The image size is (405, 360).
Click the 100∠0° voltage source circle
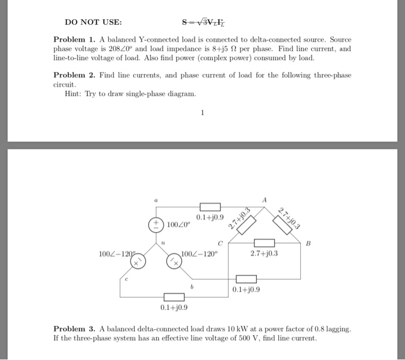click(x=155, y=225)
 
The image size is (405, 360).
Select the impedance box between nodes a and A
click(x=211, y=207)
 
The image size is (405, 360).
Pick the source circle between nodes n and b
click(x=174, y=262)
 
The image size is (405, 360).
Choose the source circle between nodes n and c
click(x=137, y=262)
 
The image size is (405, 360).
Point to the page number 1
click(x=202, y=113)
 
